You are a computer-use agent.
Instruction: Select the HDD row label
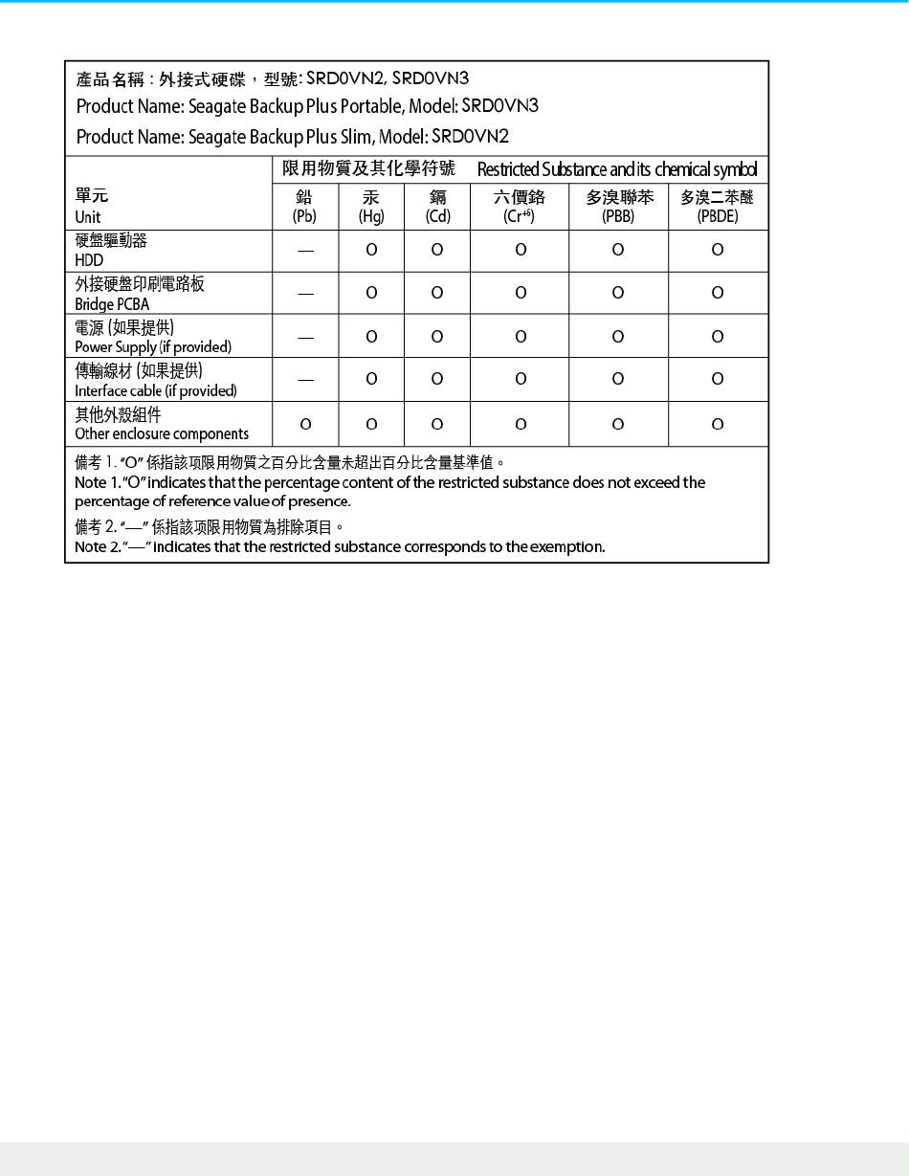pyautogui.click(x=90, y=259)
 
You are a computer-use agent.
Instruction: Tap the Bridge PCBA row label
pyautogui.click(x=112, y=304)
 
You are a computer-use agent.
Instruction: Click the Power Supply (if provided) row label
pyautogui.click(x=153, y=346)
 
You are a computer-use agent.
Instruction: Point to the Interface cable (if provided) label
pyautogui.click(x=156, y=390)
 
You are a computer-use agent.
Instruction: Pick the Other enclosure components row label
pyautogui.click(x=162, y=433)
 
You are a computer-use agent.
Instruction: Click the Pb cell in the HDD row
pyautogui.click(x=305, y=251)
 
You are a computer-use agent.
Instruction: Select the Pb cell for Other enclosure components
pyautogui.click(x=305, y=424)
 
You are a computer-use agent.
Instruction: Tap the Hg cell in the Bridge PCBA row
pyautogui.click(x=371, y=293)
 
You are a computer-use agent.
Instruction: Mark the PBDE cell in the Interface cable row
pyautogui.click(x=718, y=379)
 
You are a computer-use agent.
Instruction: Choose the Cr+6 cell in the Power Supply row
pyautogui.click(x=520, y=336)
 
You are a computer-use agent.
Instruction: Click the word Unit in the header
pyautogui.click(x=88, y=217)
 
